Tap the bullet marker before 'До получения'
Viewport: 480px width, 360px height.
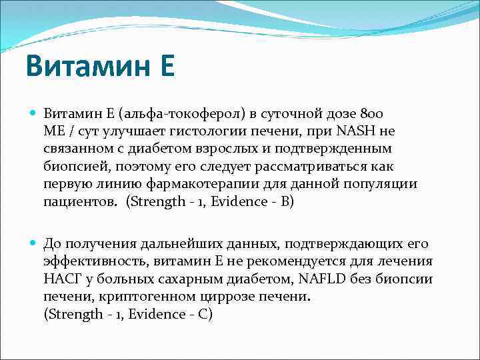[33, 244]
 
